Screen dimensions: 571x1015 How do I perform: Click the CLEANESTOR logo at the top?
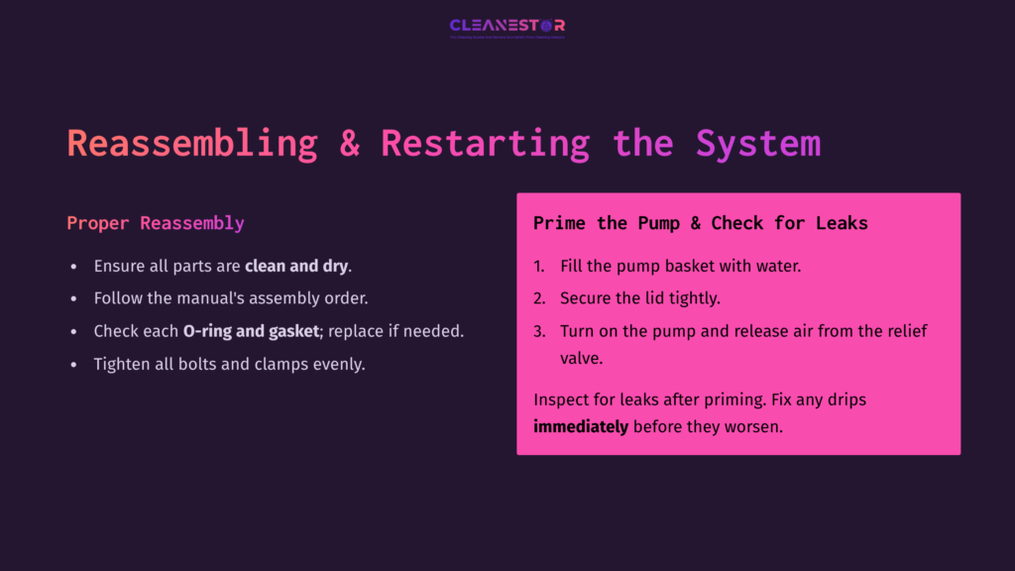[x=507, y=27]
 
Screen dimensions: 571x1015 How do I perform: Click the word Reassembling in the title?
[x=192, y=143]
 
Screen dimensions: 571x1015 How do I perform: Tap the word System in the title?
[x=758, y=143]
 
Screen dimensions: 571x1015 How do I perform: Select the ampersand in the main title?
[x=350, y=143]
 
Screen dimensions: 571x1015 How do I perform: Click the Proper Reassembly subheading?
[x=156, y=223]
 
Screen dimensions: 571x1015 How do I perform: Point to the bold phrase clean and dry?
[x=296, y=266]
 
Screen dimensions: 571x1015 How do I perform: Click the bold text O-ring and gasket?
[x=250, y=331]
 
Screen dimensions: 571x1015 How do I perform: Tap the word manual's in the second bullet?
[x=220, y=298]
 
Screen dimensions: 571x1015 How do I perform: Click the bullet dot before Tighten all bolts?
[x=73, y=365]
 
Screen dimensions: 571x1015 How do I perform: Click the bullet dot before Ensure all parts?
[x=73, y=267]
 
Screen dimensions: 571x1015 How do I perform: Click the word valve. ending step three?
[x=583, y=358]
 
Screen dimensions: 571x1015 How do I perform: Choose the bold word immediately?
[x=581, y=427]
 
